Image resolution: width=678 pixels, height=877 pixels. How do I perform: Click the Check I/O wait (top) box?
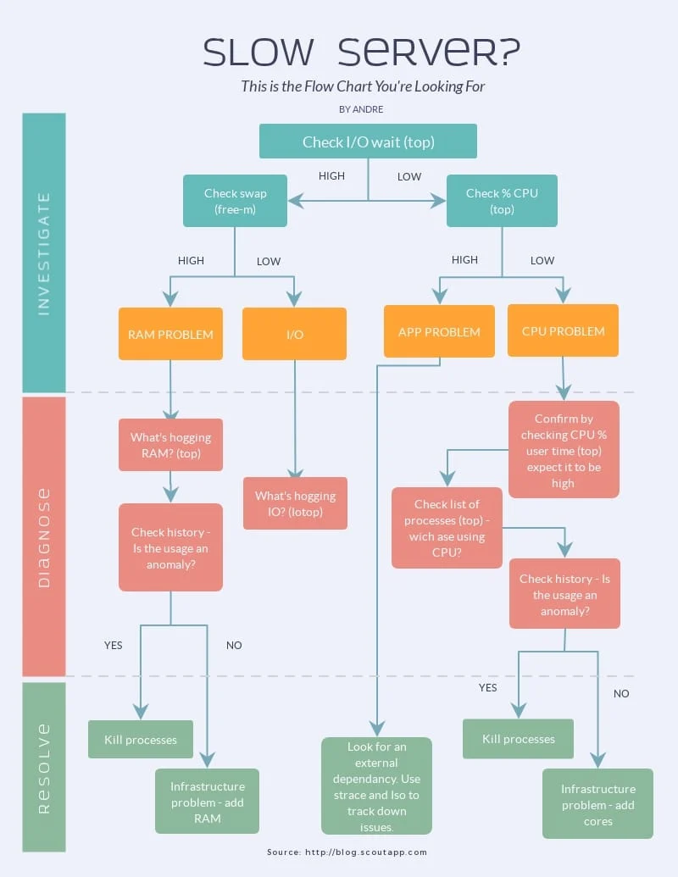click(x=368, y=142)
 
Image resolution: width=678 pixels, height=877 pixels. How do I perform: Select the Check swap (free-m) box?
click(x=235, y=201)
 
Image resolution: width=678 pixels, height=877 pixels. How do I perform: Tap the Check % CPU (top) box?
click(x=502, y=201)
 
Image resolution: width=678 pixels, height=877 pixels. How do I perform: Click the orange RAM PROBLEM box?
click(x=170, y=334)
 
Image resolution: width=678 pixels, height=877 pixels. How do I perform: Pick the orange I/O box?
click(x=294, y=334)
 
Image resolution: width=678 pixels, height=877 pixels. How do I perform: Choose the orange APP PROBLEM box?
click(x=439, y=331)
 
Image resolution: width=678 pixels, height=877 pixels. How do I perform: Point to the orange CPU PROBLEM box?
click(x=563, y=330)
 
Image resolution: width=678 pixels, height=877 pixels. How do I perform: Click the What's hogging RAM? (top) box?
click(x=170, y=445)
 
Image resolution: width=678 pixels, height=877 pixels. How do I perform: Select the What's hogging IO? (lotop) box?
click(x=295, y=503)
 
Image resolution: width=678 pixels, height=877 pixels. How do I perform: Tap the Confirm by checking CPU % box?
click(x=564, y=450)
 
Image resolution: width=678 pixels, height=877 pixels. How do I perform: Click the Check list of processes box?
click(x=447, y=528)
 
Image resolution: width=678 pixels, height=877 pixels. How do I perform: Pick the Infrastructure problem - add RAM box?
click(x=207, y=802)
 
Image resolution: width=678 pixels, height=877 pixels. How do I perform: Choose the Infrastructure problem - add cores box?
click(x=597, y=804)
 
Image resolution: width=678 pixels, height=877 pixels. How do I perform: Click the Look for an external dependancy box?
click(x=376, y=786)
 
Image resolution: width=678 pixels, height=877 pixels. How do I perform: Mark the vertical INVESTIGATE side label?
click(x=44, y=253)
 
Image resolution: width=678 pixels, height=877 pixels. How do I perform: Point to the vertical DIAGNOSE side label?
click(x=44, y=537)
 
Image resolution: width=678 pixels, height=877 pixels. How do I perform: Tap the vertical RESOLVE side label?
click(x=44, y=768)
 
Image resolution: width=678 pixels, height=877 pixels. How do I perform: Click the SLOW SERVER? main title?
click(x=362, y=52)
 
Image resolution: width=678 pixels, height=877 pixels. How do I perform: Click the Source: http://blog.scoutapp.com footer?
click(x=347, y=852)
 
